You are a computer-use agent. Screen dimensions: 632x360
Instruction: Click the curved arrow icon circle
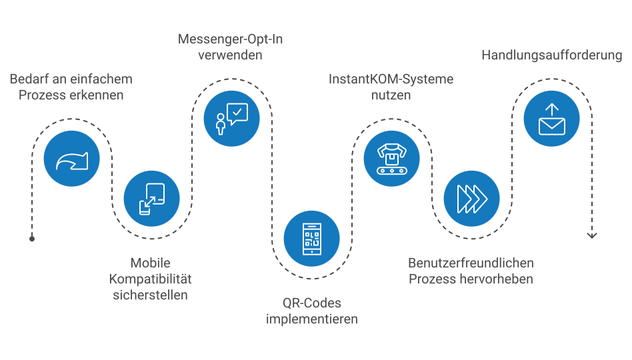pos(72,159)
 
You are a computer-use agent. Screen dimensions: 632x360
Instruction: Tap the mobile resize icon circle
pos(151,199)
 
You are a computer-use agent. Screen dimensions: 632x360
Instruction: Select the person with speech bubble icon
pos(232,119)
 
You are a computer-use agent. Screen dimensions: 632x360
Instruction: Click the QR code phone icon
pos(312,239)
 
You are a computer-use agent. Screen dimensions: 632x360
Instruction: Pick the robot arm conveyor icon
pos(392,159)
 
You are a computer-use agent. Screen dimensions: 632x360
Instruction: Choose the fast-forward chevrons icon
pos(472,199)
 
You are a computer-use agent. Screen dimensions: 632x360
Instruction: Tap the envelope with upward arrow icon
pos(552,119)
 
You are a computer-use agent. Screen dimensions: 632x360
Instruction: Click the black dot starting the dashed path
pos(32,239)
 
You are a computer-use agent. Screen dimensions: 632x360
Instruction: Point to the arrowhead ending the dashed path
pos(592,235)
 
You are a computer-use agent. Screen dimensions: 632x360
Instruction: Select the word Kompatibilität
pos(151,279)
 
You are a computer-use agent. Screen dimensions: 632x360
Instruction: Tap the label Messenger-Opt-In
pos(230,39)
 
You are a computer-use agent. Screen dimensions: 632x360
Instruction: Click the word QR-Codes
pos(312,303)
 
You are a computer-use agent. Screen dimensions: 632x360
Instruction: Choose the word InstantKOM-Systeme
pos(391,79)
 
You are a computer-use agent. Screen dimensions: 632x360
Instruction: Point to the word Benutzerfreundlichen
pos(471,263)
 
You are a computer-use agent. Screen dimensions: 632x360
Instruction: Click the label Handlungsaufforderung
pos(552,55)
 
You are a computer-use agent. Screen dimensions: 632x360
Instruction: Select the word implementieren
pos(312,319)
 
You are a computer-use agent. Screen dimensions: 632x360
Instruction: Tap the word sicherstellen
pos(151,295)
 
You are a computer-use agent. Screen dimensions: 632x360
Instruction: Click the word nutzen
pos(391,95)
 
